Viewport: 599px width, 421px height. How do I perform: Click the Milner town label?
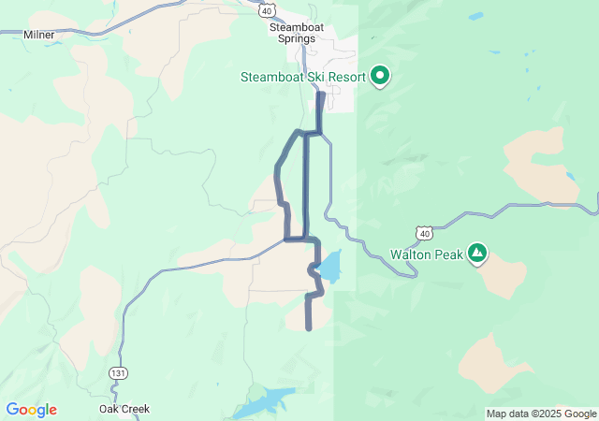click(x=39, y=35)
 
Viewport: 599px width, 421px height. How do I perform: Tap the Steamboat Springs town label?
click(x=297, y=35)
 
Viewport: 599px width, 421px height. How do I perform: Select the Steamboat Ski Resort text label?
click(x=303, y=77)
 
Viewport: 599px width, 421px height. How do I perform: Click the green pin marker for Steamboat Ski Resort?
click(x=380, y=75)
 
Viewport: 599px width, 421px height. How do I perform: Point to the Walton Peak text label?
click(x=427, y=254)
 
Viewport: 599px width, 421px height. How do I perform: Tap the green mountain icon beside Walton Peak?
click(x=477, y=253)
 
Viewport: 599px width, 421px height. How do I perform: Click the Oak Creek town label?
click(x=124, y=409)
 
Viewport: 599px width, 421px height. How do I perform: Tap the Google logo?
click(x=31, y=410)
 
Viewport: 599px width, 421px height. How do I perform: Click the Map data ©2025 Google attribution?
click(x=541, y=414)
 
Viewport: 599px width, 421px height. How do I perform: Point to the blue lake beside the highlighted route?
click(x=330, y=267)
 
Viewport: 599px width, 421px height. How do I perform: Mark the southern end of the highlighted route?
click(x=308, y=328)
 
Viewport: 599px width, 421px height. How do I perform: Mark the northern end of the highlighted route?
click(x=322, y=94)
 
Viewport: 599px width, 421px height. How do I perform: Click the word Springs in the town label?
click(x=297, y=41)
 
